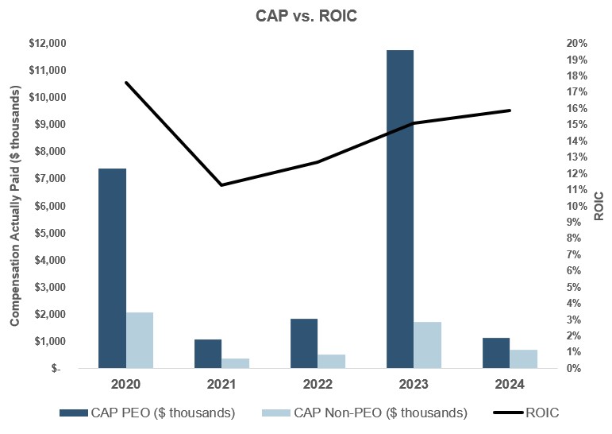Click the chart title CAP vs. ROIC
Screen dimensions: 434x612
(x=306, y=15)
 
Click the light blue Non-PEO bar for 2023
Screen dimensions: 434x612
(x=427, y=345)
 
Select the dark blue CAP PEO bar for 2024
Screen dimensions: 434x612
(x=495, y=353)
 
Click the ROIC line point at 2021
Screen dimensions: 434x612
(x=221, y=185)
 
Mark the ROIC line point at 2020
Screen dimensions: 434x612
(x=126, y=83)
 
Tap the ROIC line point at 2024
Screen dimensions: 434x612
(x=510, y=110)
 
